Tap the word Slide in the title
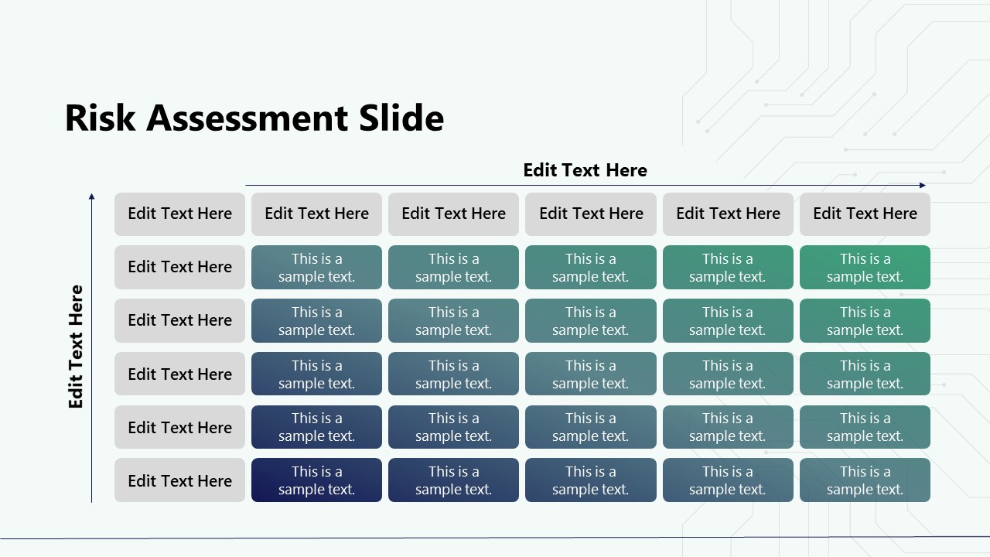click(x=401, y=118)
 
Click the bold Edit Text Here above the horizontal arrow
click(x=585, y=170)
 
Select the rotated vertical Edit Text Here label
click(x=76, y=347)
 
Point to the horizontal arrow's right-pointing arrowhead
click(x=922, y=186)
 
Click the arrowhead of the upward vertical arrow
click(x=91, y=196)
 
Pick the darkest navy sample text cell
click(x=316, y=480)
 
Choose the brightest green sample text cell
click(x=865, y=268)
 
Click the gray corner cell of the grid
click(x=179, y=214)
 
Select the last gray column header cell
click(x=865, y=214)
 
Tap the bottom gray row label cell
click(x=179, y=480)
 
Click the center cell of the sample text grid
click(x=590, y=374)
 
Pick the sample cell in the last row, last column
click(x=865, y=480)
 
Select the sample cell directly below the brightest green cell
click(x=865, y=321)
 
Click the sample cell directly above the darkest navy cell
click(x=316, y=427)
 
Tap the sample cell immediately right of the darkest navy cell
click(x=453, y=480)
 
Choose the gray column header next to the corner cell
click(x=316, y=214)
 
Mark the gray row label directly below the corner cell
click(x=179, y=268)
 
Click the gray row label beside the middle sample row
click(x=179, y=374)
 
